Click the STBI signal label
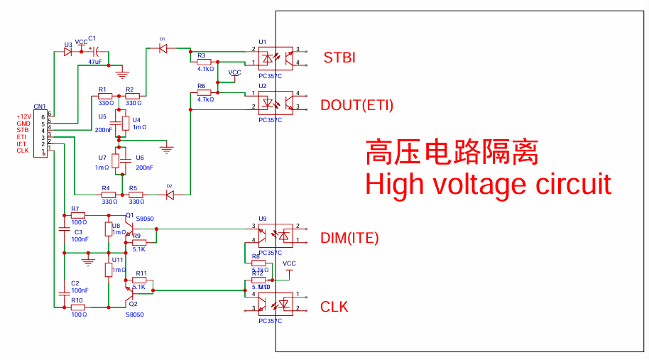pos(339,58)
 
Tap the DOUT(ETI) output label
pos(356,106)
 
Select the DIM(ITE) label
pos(349,239)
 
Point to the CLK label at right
pos(334,307)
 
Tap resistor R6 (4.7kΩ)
pos(204,93)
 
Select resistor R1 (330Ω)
pos(105,95)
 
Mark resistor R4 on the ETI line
pos(108,195)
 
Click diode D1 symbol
pos(163,49)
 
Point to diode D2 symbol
pos(169,194)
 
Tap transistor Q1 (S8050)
pos(128,226)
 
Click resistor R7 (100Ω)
pos(77,215)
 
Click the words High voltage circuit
pos(488,184)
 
